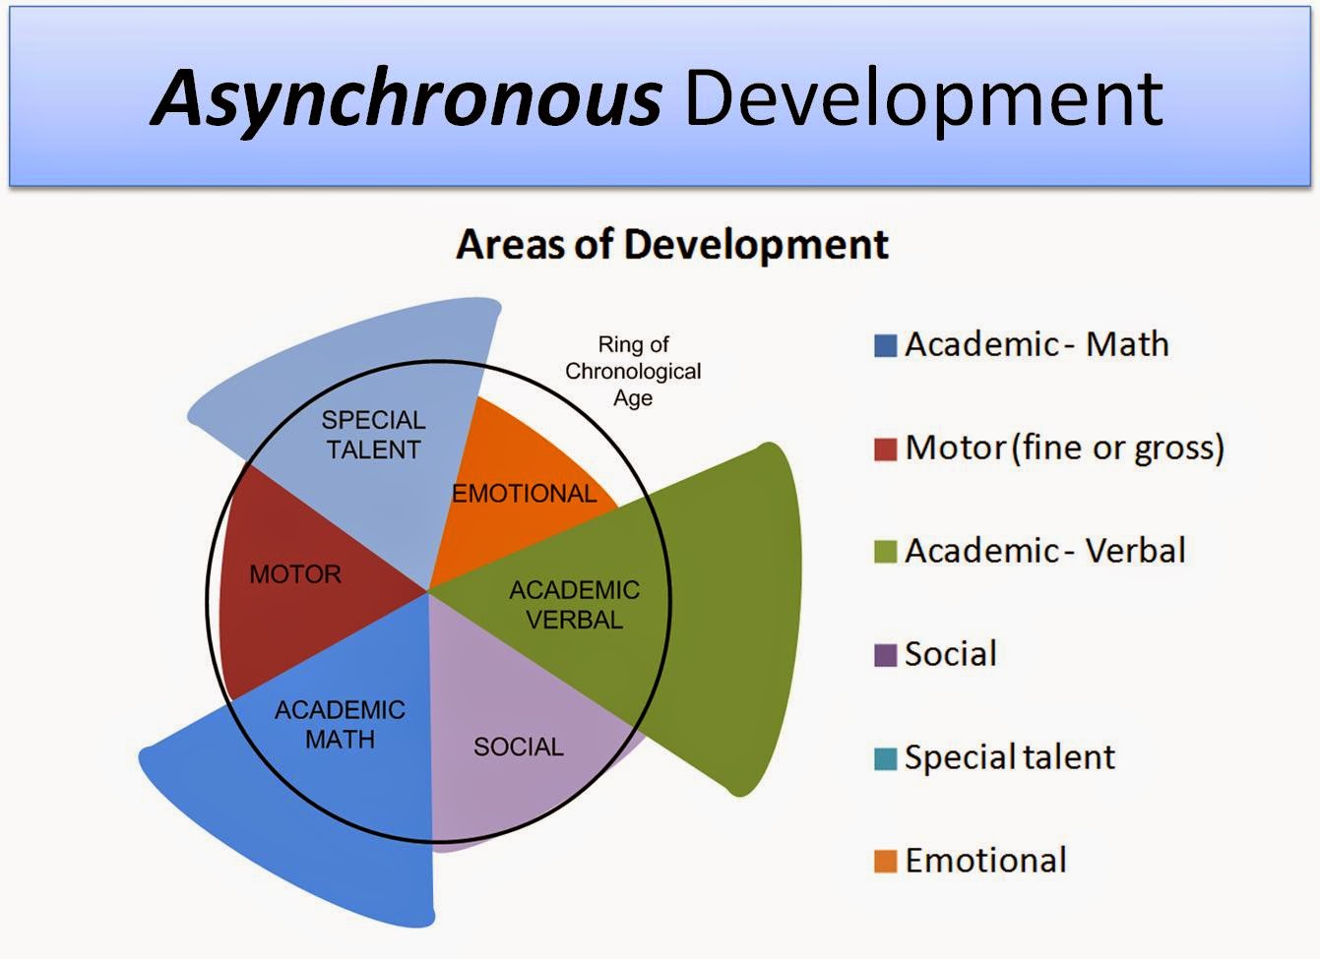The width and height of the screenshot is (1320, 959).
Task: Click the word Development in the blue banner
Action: click(x=924, y=100)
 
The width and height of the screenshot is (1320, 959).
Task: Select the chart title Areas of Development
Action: click(x=672, y=244)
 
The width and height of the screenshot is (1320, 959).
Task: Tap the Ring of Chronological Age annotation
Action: click(x=633, y=371)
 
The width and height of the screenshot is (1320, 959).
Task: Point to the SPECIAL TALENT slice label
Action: click(x=373, y=435)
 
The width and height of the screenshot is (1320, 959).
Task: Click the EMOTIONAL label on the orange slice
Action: click(x=525, y=494)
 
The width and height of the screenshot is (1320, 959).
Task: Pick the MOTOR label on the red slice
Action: click(x=295, y=574)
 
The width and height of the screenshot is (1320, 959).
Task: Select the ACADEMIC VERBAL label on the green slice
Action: click(x=575, y=605)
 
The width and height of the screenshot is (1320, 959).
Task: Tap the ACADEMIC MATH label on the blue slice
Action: click(x=340, y=724)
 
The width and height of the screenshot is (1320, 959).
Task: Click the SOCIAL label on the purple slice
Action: click(x=519, y=747)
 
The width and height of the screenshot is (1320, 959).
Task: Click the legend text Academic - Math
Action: click(x=1037, y=344)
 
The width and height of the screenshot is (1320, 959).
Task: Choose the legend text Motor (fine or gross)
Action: click(x=1065, y=448)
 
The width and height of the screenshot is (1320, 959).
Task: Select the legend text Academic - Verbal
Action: click(x=1045, y=551)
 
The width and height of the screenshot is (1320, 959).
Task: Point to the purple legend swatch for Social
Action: click(x=885, y=655)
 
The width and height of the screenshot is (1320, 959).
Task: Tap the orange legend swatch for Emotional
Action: click(x=885, y=862)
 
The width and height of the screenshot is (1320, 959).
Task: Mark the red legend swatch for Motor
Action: click(x=885, y=449)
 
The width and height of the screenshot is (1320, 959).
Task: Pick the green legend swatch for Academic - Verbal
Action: click(x=885, y=552)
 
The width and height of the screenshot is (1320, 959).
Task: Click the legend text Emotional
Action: click(x=986, y=860)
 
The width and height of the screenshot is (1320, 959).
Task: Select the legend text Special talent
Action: click(x=1010, y=757)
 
